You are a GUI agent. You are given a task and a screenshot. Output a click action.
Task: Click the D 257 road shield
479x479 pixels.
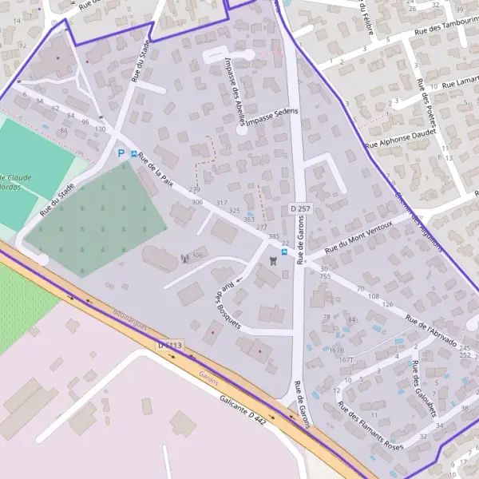click(x=299, y=208)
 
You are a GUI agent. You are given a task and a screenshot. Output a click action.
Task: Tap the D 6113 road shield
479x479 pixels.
click(x=170, y=346)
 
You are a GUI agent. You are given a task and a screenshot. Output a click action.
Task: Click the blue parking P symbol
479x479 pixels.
click(x=121, y=153)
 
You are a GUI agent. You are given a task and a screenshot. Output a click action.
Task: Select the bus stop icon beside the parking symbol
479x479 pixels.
click(x=133, y=152)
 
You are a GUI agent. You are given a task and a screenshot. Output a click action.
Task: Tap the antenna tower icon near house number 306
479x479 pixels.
click(x=184, y=258)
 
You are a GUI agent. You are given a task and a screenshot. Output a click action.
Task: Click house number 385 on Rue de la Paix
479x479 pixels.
click(x=274, y=237)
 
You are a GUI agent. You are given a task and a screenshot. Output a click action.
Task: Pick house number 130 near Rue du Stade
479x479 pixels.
click(x=100, y=129)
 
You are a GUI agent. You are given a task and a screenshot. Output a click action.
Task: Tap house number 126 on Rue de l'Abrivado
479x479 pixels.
click(x=388, y=304)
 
